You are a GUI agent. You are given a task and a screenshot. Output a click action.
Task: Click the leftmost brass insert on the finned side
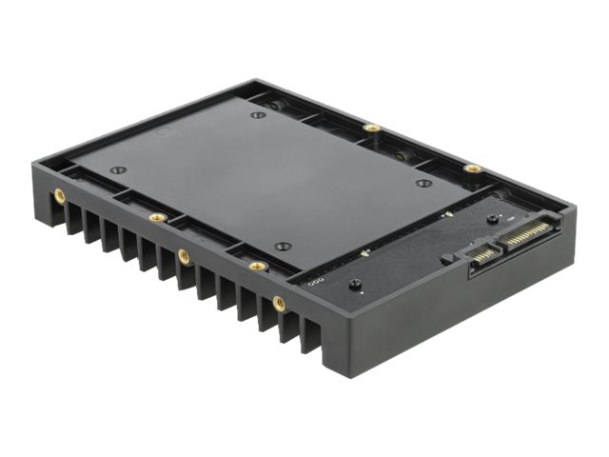60,194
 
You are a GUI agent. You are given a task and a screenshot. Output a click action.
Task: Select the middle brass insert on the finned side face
183,254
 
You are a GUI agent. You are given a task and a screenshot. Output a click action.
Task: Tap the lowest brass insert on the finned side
279,303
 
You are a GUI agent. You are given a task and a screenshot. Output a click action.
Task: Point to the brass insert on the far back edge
372,127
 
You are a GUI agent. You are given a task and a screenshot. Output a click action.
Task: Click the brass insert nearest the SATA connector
473,169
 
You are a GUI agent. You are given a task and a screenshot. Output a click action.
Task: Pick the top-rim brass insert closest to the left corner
157,217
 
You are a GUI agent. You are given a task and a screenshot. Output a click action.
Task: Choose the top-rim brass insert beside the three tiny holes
255,266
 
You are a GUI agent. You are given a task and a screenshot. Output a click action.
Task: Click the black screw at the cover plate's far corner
258,115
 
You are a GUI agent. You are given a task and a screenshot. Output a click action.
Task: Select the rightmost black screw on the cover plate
424,183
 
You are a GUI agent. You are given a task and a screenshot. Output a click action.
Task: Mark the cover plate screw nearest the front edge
282,246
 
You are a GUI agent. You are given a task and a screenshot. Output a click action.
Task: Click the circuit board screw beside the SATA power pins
492,218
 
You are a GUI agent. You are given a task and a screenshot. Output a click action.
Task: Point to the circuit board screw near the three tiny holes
354,285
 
